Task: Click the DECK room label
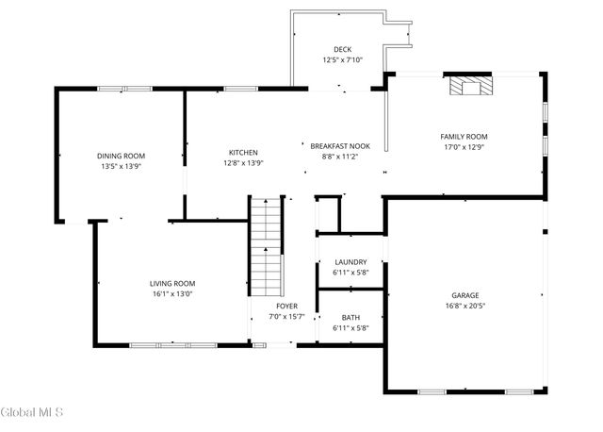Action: pyautogui.click(x=341, y=49)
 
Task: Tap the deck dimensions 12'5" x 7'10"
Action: pyautogui.click(x=341, y=60)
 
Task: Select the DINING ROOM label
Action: pyautogui.click(x=127, y=156)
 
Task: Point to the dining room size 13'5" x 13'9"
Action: pyautogui.click(x=127, y=166)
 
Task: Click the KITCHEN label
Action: pyautogui.click(x=243, y=153)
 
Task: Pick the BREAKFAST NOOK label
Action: pyautogui.click(x=341, y=146)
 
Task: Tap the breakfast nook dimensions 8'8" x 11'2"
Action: pyautogui.click(x=341, y=158)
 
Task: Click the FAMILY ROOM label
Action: pyautogui.click(x=464, y=136)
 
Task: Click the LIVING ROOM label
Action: pyautogui.click(x=172, y=283)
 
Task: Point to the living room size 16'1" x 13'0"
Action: pyautogui.click(x=172, y=293)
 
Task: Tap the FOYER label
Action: pyautogui.click(x=286, y=307)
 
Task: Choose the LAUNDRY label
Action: pyautogui.click(x=350, y=261)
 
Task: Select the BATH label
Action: pyautogui.click(x=350, y=318)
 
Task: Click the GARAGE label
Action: pyautogui.click(x=465, y=294)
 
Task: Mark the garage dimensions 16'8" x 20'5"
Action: pyautogui.click(x=465, y=306)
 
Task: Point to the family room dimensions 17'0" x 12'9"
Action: pyautogui.click(x=464, y=147)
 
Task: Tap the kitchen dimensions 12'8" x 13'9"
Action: pyautogui.click(x=243, y=163)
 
